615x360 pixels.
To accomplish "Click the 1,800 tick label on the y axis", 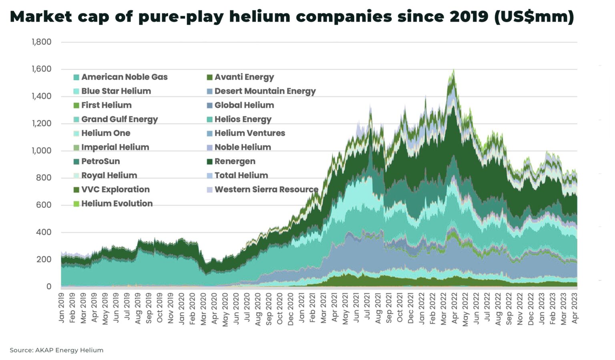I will (x=42, y=42).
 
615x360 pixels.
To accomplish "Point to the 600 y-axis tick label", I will (x=44, y=205).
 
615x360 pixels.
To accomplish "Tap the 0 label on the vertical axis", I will (x=49, y=286).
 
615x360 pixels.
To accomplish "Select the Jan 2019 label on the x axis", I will (x=62, y=308).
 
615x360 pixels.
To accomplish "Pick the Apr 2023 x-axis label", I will (x=575, y=308).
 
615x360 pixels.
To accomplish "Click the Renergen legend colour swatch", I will (x=209, y=161).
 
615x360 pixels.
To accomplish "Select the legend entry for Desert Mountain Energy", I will (x=265, y=91).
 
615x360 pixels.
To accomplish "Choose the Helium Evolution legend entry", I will (x=117, y=203).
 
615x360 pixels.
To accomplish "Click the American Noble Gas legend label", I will (x=124, y=77).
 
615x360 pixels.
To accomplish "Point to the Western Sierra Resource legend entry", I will (x=266, y=189).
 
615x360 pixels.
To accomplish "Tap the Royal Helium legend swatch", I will (x=76, y=175).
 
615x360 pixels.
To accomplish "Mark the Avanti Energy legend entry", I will (x=244, y=77).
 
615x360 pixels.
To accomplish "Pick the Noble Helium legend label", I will (x=242, y=147).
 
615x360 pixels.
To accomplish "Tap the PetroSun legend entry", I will (x=100, y=161).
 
